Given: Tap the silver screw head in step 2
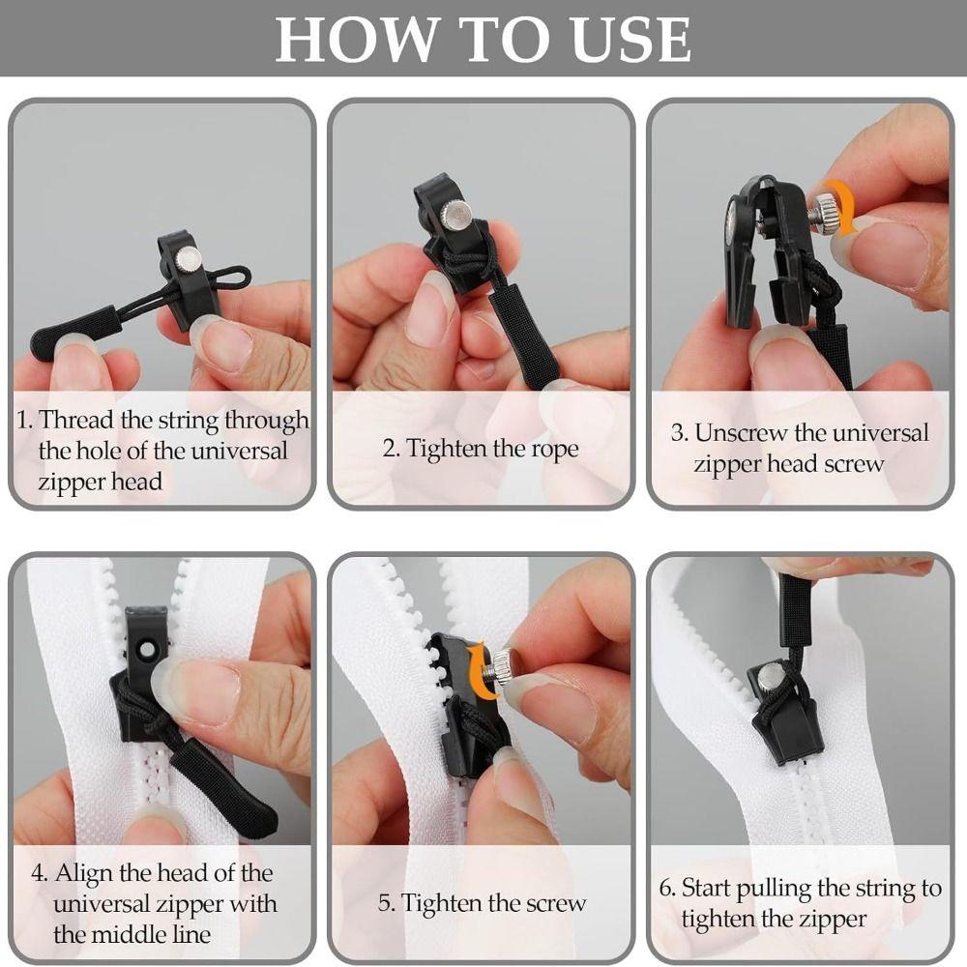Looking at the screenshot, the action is (457, 217).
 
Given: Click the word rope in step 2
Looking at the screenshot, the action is (554, 450).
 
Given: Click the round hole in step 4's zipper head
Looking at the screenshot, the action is (147, 649).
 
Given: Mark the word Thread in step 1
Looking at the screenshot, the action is (76, 421).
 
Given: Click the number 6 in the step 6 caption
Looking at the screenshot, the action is (665, 889).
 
